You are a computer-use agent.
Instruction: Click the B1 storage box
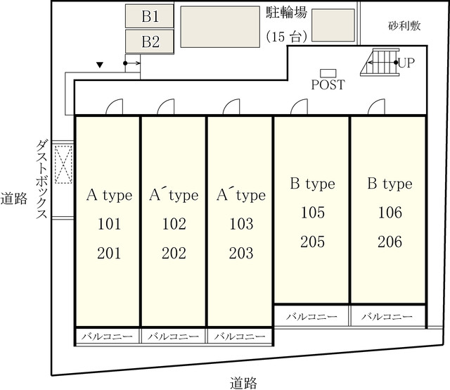[150, 16]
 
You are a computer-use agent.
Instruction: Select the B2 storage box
[150, 42]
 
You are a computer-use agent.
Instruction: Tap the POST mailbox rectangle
[328, 73]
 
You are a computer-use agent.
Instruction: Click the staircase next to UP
[380, 62]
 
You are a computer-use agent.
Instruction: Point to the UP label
[406, 63]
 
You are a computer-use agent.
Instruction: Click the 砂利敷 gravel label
[404, 26]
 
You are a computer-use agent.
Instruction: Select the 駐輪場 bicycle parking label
[286, 13]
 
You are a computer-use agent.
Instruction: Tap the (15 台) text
[286, 37]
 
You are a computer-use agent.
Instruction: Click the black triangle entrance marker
[100, 65]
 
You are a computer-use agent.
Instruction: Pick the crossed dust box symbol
[63, 165]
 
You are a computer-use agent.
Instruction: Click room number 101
[110, 224]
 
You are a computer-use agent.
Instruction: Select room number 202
[174, 253]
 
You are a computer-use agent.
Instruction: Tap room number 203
[241, 253]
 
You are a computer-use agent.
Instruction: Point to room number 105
[313, 213]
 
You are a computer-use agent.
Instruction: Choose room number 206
[390, 241]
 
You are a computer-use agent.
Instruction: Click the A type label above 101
[110, 196]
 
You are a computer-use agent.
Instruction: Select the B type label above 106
[390, 184]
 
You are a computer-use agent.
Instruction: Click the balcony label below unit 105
[311, 317]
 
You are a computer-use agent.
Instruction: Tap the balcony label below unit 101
[108, 336]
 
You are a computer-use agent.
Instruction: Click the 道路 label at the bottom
[243, 383]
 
